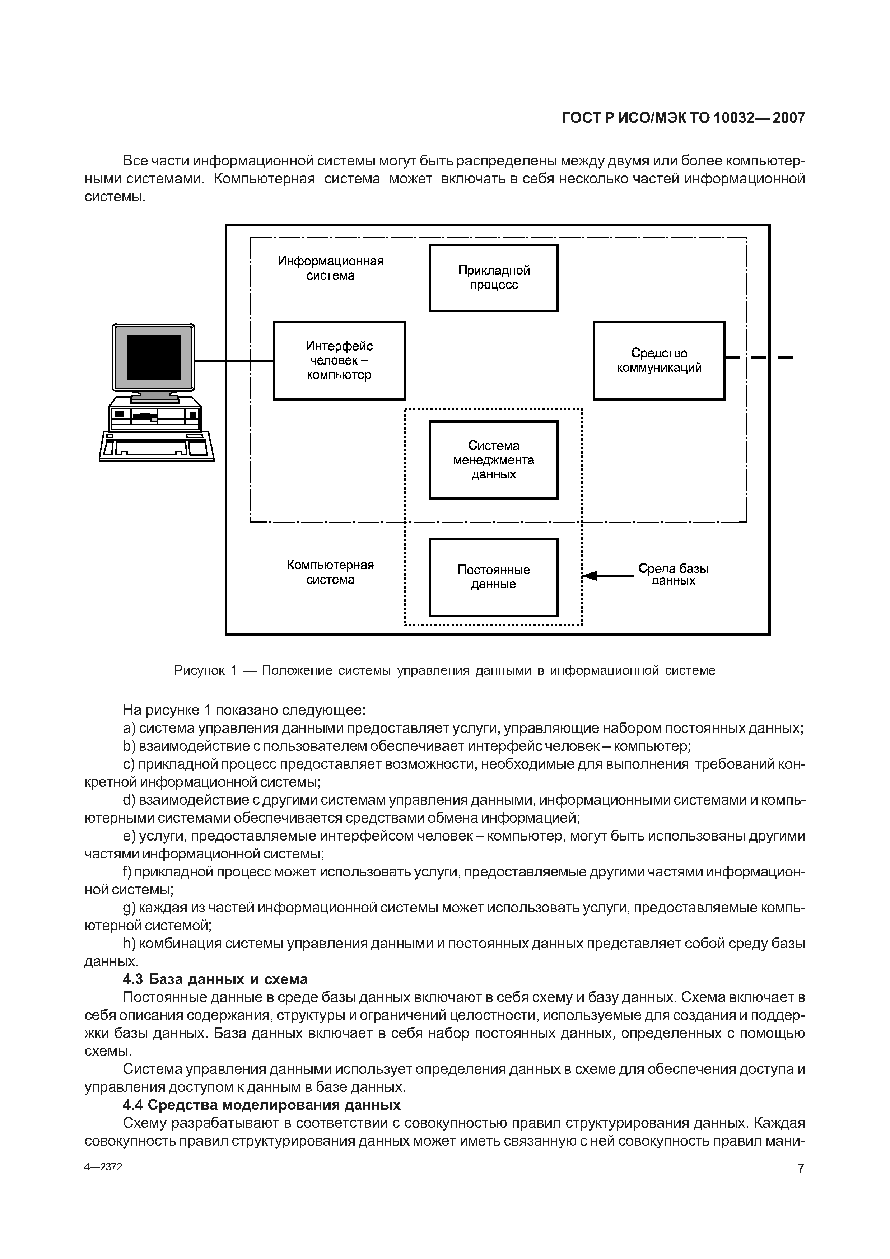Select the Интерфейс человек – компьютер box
(x=339, y=360)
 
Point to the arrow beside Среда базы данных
(x=607, y=576)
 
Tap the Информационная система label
(x=330, y=268)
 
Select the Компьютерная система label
(x=330, y=572)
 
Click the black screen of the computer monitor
(x=154, y=357)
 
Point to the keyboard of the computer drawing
(x=157, y=446)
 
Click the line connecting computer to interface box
(x=234, y=361)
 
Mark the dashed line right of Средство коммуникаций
(x=759, y=357)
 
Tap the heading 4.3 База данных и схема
(x=215, y=979)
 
